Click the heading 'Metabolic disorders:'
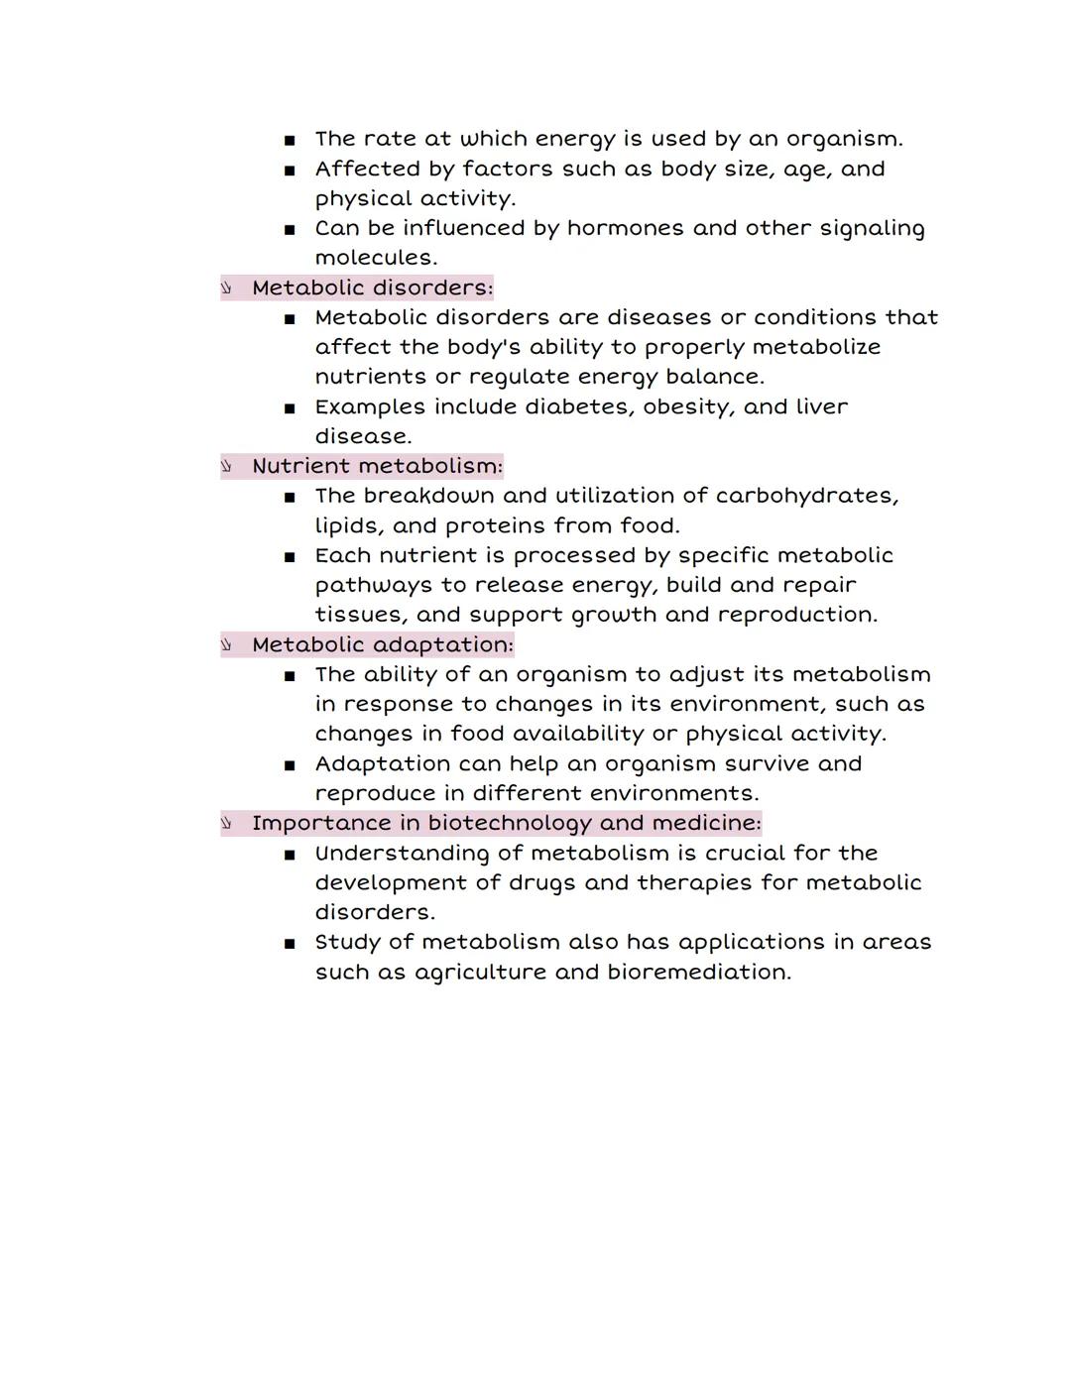point(372,288)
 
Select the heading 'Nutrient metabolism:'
point(377,466)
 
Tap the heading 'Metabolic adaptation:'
point(383,644)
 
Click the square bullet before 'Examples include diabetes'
point(290,407)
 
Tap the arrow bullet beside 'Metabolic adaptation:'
point(226,644)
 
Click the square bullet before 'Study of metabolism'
point(290,943)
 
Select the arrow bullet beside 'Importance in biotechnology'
point(226,823)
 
